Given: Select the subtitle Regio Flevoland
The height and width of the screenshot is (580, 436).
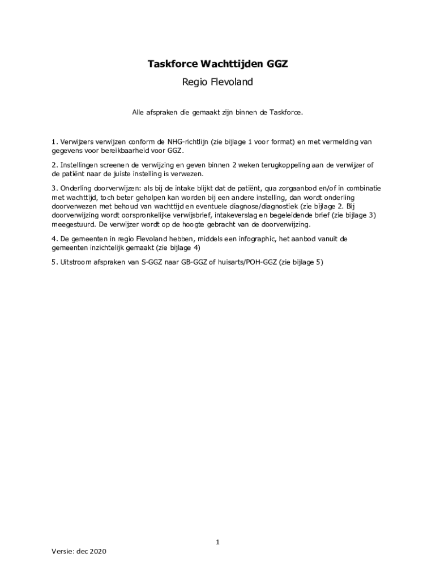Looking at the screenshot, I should [217, 82].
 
